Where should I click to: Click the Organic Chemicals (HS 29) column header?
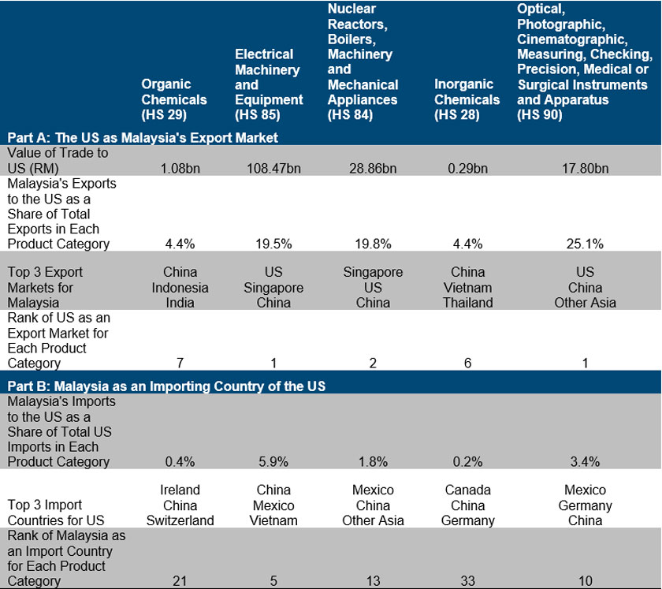pyautogui.click(x=174, y=99)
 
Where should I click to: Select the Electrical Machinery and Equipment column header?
pyautogui.click(x=269, y=84)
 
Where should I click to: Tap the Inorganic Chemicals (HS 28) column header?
pyautogui.click(x=467, y=99)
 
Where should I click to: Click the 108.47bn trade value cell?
pyautogui.click(x=269, y=168)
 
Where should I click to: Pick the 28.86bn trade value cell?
pyautogui.click(x=373, y=168)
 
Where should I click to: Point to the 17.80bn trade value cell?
pyautogui.click(x=585, y=168)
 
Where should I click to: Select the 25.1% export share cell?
pyautogui.click(x=585, y=244)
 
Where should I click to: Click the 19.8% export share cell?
pyautogui.click(x=373, y=244)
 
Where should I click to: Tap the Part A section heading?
pyautogui.click(x=143, y=138)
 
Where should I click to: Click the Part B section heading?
pyautogui.click(x=166, y=386)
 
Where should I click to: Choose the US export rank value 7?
pyautogui.click(x=180, y=363)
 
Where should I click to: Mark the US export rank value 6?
pyautogui.click(x=467, y=363)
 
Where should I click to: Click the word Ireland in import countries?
pyautogui.click(x=180, y=490)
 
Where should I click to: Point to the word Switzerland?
pyautogui.click(x=180, y=520)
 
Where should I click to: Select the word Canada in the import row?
pyautogui.click(x=467, y=490)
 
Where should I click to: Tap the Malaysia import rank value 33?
pyautogui.click(x=467, y=581)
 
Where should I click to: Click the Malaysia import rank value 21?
pyautogui.click(x=180, y=581)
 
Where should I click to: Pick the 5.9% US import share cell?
pyautogui.click(x=269, y=461)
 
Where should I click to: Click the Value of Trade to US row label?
pyautogui.click(x=58, y=160)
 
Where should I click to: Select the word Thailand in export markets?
pyautogui.click(x=467, y=302)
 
